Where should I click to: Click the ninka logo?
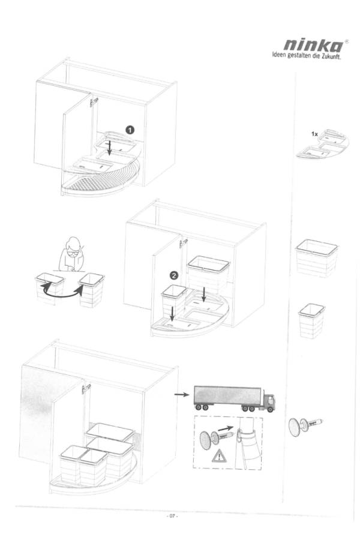pos(313,46)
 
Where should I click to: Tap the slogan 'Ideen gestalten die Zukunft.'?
pos(306,56)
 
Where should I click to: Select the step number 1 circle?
pos(130,130)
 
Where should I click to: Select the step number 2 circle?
pos(175,275)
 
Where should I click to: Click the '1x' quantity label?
pos(314,134)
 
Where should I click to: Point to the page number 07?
pos(172,516)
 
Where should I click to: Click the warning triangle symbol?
pos(218,457)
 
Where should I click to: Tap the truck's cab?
pos(269,401)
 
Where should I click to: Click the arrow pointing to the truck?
pos(182,395)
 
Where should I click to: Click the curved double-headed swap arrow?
pos(62,292)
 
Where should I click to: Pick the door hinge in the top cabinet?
pos(94,101)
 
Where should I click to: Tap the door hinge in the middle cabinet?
pos(183,244)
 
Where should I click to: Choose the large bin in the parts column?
pos(317,258)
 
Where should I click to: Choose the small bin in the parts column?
pos(311,320)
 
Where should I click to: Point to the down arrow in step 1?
pos(110,148)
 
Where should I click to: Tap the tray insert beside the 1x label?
pos(323,144)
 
